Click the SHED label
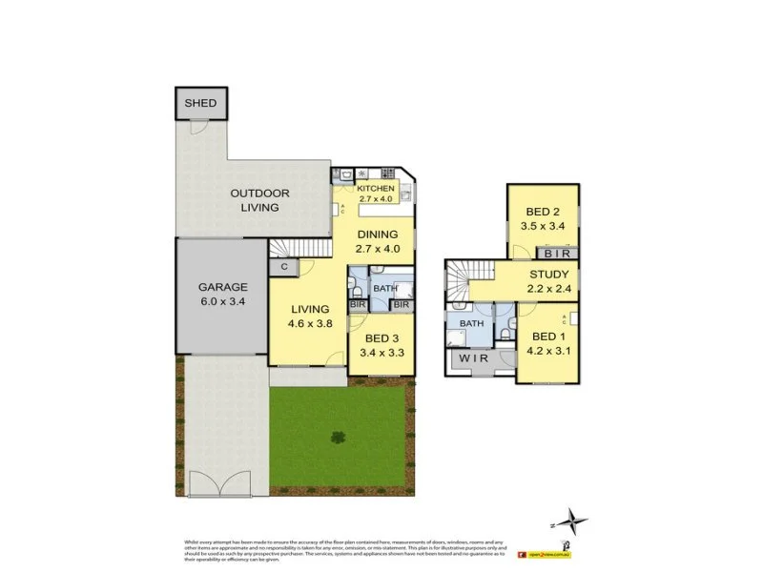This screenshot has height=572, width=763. point(200,103)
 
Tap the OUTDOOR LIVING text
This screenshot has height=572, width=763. point(259,200)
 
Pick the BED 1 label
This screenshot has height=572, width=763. point(548,344)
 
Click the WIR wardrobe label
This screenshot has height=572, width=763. point(473,359)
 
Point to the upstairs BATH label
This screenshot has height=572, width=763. point(471,323)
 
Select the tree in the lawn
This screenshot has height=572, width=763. point(337,438)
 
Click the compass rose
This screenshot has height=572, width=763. point(571,521)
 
